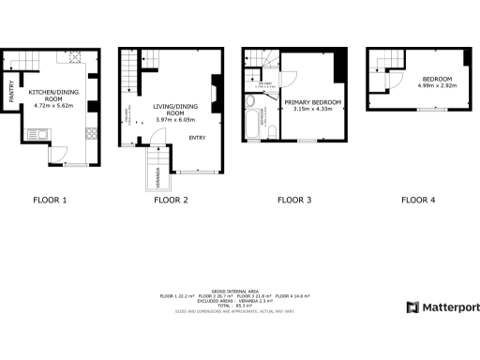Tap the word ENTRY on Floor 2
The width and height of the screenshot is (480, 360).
point(197,138)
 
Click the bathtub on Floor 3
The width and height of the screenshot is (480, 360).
point(253,125)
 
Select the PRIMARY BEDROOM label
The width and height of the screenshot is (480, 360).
point(312,101)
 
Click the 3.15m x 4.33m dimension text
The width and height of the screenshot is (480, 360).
point(312,110)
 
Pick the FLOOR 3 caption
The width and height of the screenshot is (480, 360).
point(294,200)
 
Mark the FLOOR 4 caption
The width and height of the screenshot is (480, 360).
point(418,200)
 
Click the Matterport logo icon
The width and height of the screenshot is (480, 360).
point(412,307)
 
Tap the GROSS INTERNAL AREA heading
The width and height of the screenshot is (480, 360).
point(240,290)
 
